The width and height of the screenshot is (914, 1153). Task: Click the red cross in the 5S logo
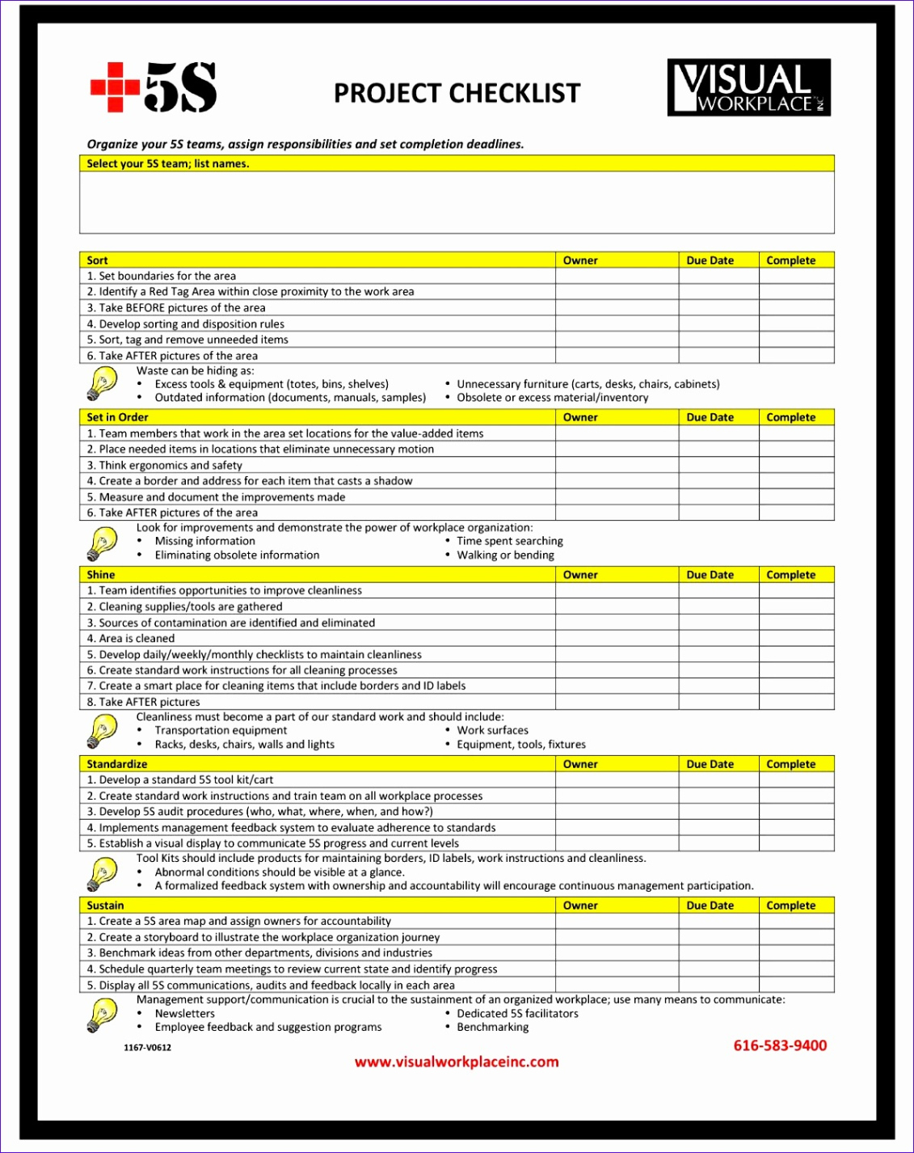(x=115, y=87)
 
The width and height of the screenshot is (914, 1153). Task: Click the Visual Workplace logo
(x=748, y=87)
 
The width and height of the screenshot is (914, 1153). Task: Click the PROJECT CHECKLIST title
(x=457, y=93)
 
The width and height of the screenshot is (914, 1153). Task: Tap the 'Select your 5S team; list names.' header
(x=168, y=163)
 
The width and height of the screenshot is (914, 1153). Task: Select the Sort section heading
(x=98, y=260)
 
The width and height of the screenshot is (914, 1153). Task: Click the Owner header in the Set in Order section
(x=580, y=417)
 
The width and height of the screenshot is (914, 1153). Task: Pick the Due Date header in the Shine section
(x=710, y=575)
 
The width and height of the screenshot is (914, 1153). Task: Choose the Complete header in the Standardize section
(x=790, y=764)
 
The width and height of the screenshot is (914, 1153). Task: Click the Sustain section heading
(x=106, y=906)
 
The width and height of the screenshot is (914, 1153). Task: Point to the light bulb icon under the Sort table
(x=102, y=384)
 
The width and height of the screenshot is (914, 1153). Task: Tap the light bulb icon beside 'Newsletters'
(x=102, y=1015)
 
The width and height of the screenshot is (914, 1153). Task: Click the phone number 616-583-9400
(x=780, y=1045)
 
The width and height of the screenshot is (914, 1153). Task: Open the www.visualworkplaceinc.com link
(x=457, y=1062)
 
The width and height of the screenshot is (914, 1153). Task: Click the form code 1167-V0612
(x=147, y=1047)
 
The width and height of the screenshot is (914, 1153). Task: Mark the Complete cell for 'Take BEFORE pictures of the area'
(x=796, y=308)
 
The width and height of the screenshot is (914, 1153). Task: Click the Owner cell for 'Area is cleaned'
(x=617, y=639)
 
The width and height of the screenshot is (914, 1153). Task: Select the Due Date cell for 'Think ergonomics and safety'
(x=718, y=465)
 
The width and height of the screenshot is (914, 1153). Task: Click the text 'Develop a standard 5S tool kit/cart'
(x=186, y=780)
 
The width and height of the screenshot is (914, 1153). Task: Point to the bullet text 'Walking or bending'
(x=505, y=555)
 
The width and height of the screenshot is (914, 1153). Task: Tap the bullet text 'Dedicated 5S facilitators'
(x=517, y=1014)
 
